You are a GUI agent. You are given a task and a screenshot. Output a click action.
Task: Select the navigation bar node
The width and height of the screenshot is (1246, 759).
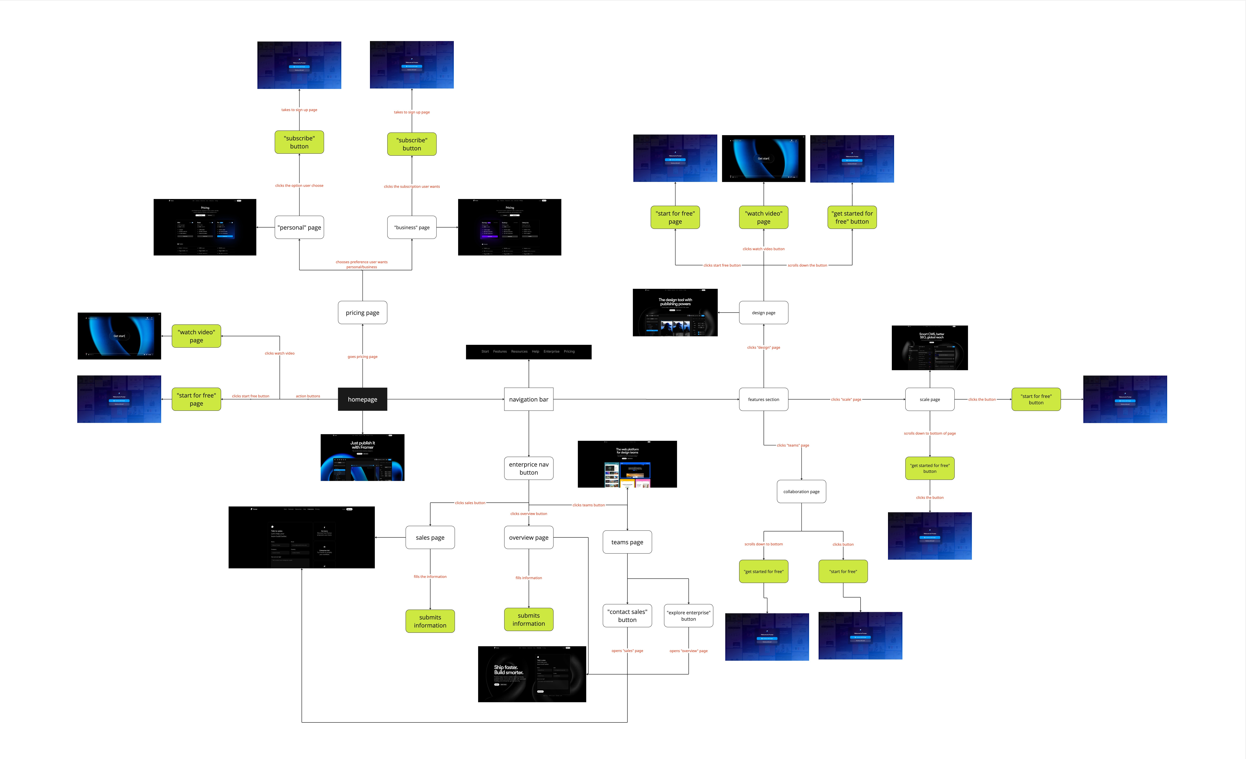point(528,399)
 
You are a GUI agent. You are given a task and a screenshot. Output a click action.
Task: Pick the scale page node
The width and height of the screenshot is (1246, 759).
point(929,399)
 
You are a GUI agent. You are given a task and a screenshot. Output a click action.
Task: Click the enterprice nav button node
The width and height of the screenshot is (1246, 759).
point(528,468)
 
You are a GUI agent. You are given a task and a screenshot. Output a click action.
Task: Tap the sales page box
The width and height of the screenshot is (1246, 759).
point(430,537)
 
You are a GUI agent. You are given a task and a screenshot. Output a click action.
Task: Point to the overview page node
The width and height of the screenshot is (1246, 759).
point(528,537)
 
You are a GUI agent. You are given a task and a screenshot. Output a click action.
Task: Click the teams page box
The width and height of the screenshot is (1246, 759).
point(627,542)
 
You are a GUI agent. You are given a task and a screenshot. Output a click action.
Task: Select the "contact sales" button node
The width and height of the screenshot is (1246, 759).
point(627,615)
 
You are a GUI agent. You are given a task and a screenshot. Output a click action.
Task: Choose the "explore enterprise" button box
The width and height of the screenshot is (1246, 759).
point(688,615)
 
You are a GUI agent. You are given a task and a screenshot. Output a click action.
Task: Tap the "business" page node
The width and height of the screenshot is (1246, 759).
point(412,227)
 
